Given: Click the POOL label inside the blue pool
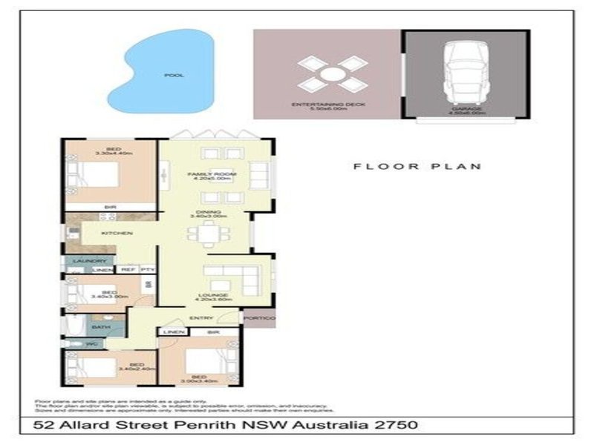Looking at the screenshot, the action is [x=174, y=76].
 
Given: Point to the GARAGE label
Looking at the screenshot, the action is [x=466, y=109].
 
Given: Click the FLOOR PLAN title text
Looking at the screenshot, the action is [x=417, y=166].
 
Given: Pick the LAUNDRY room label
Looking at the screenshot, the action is [x=88, y=262].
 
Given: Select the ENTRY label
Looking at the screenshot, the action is [x=200, y=319].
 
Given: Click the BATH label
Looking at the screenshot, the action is [x=97, y=327].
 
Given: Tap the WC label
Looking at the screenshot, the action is [x=91, y=344].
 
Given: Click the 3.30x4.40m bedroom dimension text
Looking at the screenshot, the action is [x=114, y=154].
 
